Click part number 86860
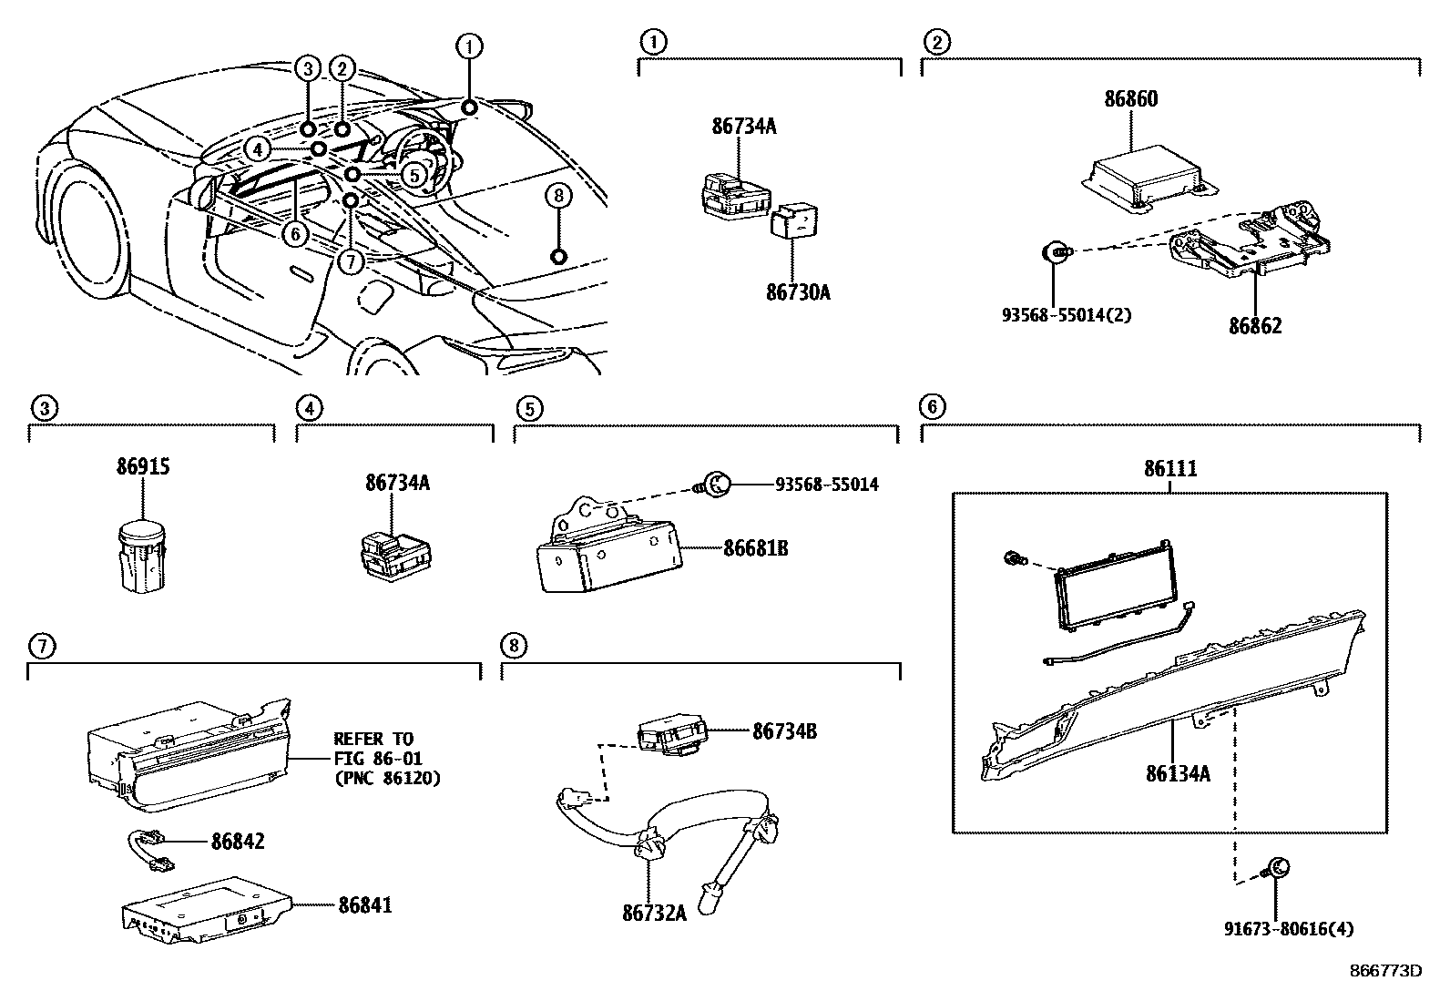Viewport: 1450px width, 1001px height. click(1131, 98)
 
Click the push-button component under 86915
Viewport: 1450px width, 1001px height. click(142, 556)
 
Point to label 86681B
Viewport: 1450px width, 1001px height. click(755, 548)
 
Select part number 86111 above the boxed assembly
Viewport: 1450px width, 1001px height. click(1170, 469)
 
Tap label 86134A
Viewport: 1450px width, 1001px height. click(1178, 774)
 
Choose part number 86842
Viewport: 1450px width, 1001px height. click(238, 841)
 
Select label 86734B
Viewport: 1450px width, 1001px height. click(784, 730)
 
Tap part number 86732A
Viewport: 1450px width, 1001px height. click(654, 912)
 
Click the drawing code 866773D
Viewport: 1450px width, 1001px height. click(1385, 971)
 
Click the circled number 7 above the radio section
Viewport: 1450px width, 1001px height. click(43, 647)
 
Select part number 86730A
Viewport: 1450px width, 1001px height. click(798, 292)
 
